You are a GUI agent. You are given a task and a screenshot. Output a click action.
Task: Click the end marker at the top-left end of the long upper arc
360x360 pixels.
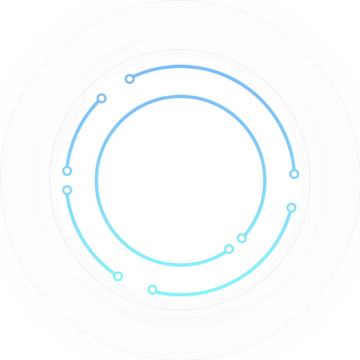130,79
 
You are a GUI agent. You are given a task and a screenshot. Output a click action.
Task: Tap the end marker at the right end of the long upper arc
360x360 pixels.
294,174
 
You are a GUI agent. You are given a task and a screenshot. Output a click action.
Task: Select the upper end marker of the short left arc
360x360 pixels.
101,98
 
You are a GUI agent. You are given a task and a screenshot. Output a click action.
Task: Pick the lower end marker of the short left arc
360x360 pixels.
67,171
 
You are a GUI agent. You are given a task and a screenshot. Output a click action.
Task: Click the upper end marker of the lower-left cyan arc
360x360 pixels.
67,190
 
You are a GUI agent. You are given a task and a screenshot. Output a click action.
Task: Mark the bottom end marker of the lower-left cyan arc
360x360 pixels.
118,276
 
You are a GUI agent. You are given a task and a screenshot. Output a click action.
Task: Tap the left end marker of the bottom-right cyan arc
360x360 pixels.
152,290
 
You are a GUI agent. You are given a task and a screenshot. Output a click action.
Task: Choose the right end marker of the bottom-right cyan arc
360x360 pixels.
292,207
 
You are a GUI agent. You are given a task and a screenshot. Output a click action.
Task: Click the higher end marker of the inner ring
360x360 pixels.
242,238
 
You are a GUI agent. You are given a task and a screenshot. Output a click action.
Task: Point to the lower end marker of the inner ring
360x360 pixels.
229,249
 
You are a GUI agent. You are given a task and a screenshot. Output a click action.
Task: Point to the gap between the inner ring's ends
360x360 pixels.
236,244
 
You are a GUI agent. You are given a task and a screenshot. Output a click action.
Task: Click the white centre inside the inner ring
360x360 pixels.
180,180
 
